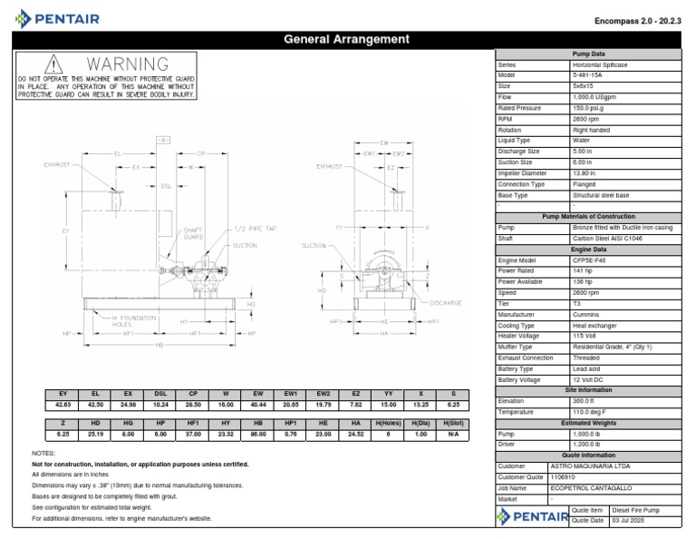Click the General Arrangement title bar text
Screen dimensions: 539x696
[348, 39]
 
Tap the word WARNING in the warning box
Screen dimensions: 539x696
[127, 65]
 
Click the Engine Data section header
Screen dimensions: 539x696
[594, 248]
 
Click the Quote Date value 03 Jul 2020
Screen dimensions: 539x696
[633, 520]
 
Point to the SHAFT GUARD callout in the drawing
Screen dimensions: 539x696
[193, 234]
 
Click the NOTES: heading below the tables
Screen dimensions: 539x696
[44, 453]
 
